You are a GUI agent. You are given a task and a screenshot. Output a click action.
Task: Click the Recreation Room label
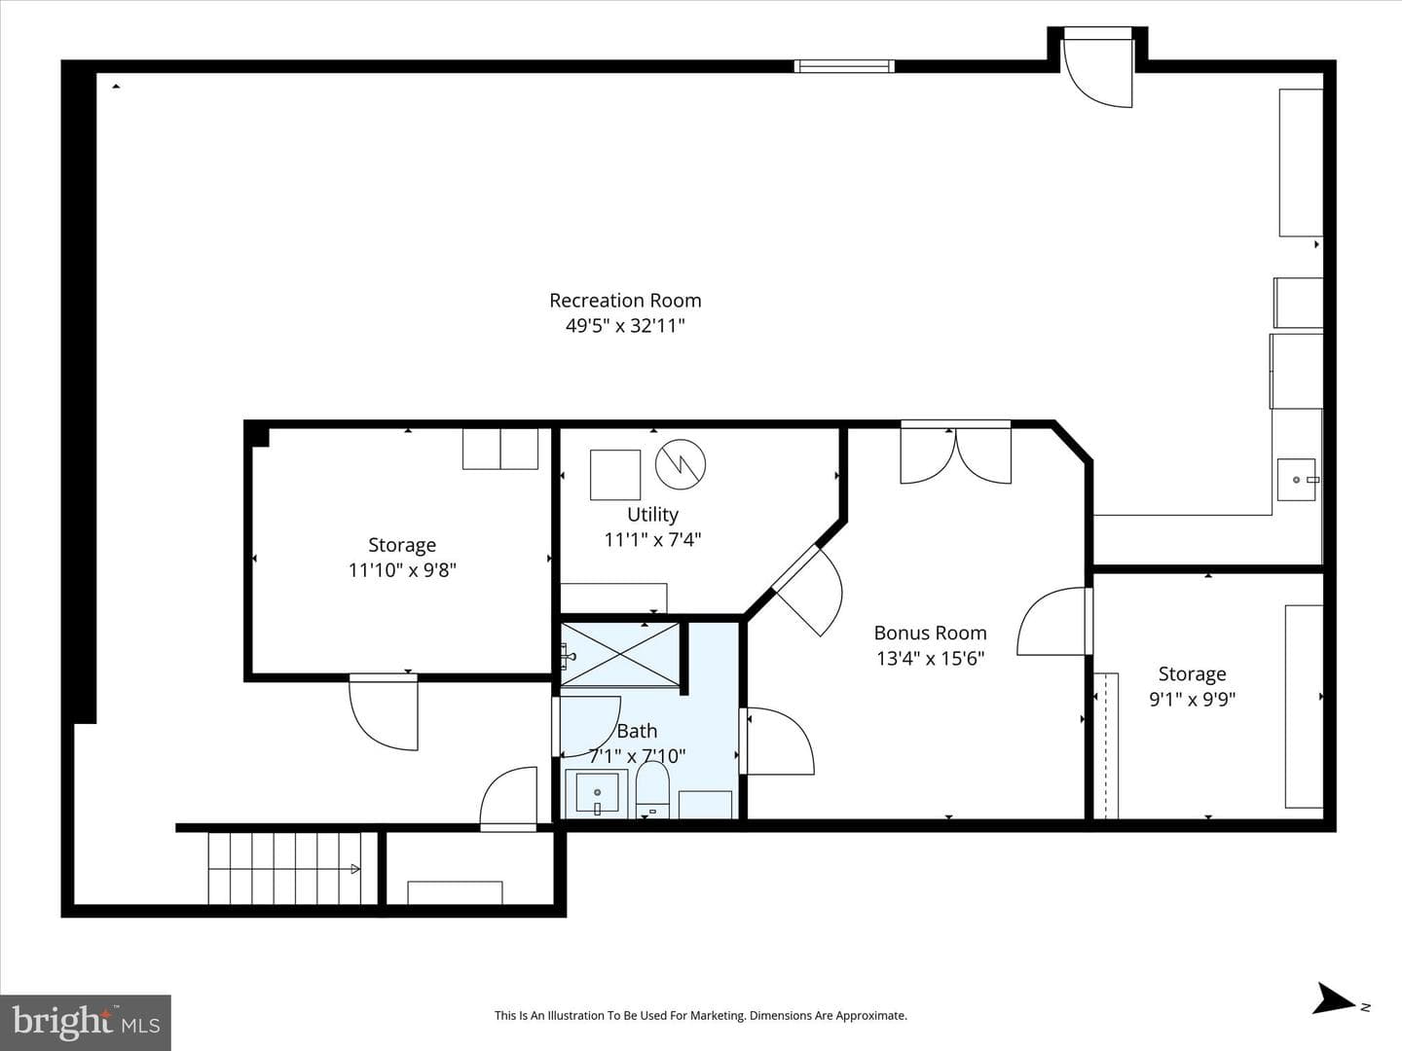(625, 300)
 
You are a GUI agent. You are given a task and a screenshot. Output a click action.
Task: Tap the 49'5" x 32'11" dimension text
(625, 326)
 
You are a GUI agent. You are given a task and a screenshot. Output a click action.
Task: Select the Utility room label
(652, 515)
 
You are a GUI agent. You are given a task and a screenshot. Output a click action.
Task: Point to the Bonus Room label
(930, 633)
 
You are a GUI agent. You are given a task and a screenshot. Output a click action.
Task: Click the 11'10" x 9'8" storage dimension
(402, 570)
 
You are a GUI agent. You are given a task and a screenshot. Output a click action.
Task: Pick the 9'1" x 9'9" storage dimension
(1193, 700)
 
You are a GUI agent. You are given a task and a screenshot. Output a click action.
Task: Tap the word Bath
(637, 731)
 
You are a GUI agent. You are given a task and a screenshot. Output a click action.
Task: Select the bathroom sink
(597, 793)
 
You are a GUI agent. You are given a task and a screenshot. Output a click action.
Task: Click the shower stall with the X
(619, 655)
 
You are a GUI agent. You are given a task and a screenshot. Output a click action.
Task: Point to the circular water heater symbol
(681, 464)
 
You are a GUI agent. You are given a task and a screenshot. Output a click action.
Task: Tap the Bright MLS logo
(86, 1022)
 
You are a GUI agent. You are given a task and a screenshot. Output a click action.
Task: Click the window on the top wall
(844, 66)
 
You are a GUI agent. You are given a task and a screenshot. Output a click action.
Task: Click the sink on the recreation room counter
(1297, 479)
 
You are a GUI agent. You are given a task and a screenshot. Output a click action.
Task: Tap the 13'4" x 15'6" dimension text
(930, 659)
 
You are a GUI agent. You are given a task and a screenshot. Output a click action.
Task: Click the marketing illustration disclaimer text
(701, 1015)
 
